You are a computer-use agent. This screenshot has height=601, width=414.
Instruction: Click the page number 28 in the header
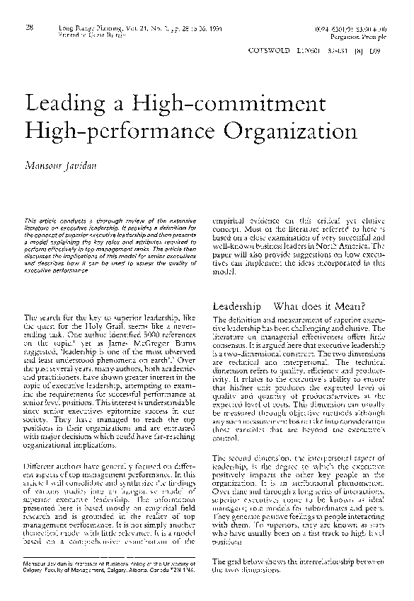[29, 28]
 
